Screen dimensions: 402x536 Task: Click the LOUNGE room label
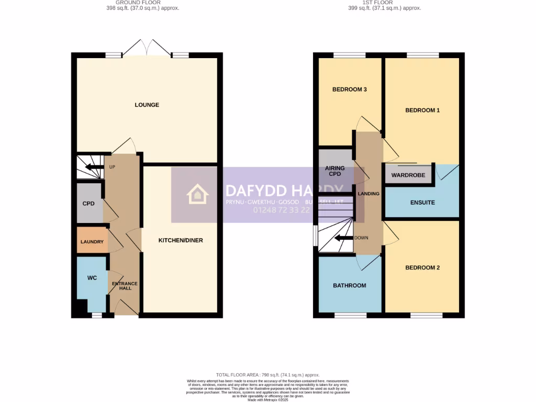(x=147, y=105)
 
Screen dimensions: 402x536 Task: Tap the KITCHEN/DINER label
(x=181, y=241)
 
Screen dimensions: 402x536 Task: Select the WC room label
(x=92, y=278)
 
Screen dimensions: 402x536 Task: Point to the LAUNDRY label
(x=92, y=242)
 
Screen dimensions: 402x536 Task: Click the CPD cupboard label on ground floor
(x=88, y=204)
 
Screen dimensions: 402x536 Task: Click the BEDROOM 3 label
(x=349, y=90)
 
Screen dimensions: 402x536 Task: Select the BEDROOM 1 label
(x=422, y=110)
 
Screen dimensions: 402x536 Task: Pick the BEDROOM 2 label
(x=422, y=268)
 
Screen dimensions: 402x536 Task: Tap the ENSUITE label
(x=422, y=203)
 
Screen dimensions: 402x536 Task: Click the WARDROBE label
(x=408, y=175)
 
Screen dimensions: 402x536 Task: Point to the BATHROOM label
(x=349, y=286)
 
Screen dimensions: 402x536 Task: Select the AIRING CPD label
(x=335, y=172)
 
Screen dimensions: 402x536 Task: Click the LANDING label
(x=368, y=194)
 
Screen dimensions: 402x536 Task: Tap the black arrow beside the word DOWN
(x=343, y=238)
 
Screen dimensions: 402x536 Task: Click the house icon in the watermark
(x=198, y=194)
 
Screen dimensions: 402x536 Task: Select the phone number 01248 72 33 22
(x=282, y=210)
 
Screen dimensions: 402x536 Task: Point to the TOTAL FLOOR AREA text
(x=267, y=375)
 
